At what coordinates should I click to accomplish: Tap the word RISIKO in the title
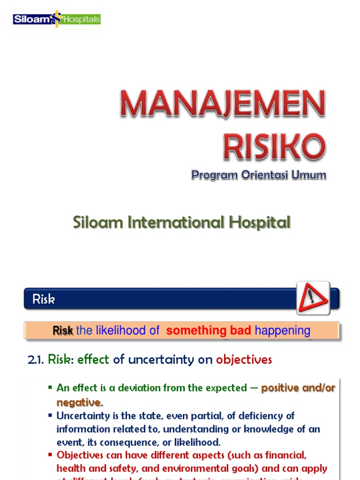(274, 147)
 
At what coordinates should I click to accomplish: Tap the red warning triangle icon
(313, 298)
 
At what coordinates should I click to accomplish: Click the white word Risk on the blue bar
(44, 299)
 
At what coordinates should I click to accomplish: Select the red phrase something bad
(209, 330)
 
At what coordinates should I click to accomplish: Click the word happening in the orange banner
(282, 330)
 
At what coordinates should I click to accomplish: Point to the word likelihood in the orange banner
(121, 330)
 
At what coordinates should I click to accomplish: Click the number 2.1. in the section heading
(36, 360)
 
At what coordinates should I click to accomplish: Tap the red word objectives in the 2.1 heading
(244, 360)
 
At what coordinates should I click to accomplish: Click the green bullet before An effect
(50, 388)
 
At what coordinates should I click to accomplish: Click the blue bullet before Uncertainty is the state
(50, 415)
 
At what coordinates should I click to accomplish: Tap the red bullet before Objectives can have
(50, 455)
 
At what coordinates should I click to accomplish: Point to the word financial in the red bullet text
(285, 455)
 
